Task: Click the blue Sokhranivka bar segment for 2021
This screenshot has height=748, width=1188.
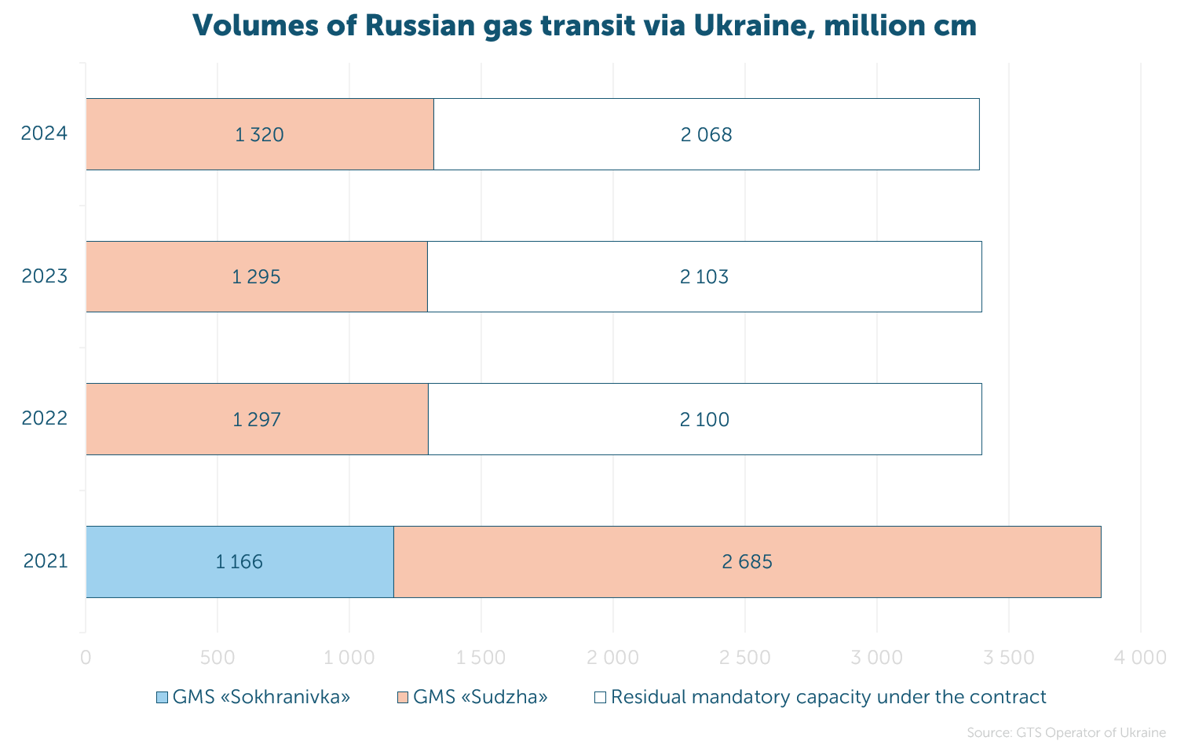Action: (239, 562)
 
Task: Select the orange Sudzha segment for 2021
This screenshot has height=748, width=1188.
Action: (748, 562)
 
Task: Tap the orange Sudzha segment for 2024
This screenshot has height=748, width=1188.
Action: (260, 134)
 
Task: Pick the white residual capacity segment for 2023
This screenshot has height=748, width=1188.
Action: (704, 277)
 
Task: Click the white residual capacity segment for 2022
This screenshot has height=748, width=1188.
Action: (705, 419)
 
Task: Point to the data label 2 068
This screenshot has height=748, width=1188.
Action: (706, 135)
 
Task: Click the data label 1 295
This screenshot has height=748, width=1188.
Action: (256, 277)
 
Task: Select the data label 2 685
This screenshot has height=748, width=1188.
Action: (747, 562)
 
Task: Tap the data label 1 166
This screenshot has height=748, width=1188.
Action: (239, 562)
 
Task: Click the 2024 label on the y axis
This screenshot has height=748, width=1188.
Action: (44, 133)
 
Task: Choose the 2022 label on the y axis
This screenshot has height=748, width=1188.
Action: (45, 419)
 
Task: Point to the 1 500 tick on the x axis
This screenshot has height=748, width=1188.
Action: (481, 658)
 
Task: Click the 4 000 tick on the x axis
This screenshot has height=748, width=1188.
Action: (1140, 658)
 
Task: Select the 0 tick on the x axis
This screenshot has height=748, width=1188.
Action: (86, 658)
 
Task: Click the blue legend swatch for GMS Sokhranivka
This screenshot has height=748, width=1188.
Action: (162, 698)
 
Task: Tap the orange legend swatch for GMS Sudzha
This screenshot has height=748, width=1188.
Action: (403, 698)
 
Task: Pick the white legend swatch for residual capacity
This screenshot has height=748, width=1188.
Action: (600, 698)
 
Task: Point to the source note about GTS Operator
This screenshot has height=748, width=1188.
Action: (1066, 733)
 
